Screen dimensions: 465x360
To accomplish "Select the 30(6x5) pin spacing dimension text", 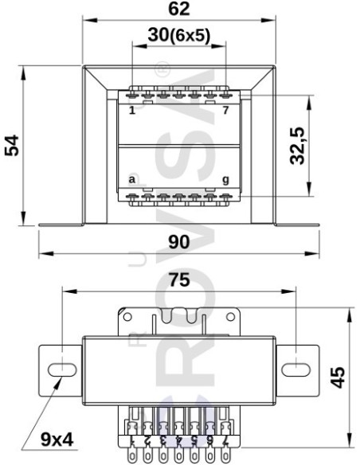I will (x=178, y=36).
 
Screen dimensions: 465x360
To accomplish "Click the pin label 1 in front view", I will (x=131, y=110).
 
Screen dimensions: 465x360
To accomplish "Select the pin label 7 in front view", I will (x=225, y=110).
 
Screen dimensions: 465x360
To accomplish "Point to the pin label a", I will (x=131, y=180).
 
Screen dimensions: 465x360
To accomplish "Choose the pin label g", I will (x=225, y=180).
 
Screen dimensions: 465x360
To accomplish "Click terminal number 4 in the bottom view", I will (x=179, y=440).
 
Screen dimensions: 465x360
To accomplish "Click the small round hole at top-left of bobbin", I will (x=127, y=316).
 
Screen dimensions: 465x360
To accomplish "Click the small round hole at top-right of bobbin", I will (x=230, y=316).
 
